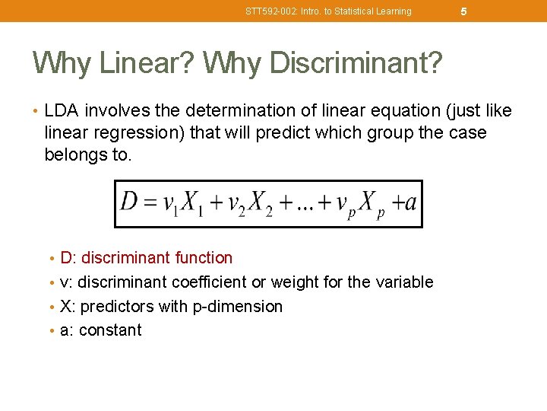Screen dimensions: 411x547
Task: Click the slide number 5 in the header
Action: point(463,11)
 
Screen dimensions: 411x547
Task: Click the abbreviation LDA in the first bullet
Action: point(62,111)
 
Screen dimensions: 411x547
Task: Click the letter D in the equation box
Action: point(129,203)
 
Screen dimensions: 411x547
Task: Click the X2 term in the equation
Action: point(256,204)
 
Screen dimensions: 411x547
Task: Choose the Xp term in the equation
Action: point(370,204)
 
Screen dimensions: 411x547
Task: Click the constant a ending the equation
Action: point(410,204)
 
